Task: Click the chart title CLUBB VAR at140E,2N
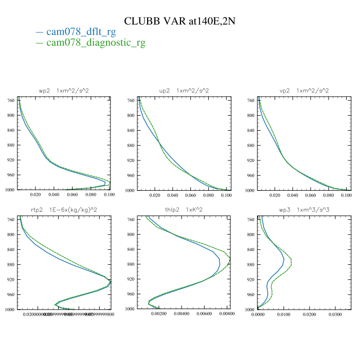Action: pyautogui.click(x=180, y=21)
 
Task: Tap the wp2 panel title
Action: pyautogui.click(x=64, y=91)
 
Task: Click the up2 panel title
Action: pyautogui.click(x=184, y=91)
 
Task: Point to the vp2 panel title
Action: pyautogui.click(x=304, y=91)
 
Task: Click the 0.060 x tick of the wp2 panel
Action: pyautogui.click(x=72, y=195)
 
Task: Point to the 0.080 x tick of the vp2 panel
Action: pyautogui.click(x=329, y=195)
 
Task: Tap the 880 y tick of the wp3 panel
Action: pyautogui.click(x=250, y=264)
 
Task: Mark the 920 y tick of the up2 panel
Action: pyautogui.click(x=130, y=160)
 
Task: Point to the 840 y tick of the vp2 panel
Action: pyautogui.click(x=250, y=131)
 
